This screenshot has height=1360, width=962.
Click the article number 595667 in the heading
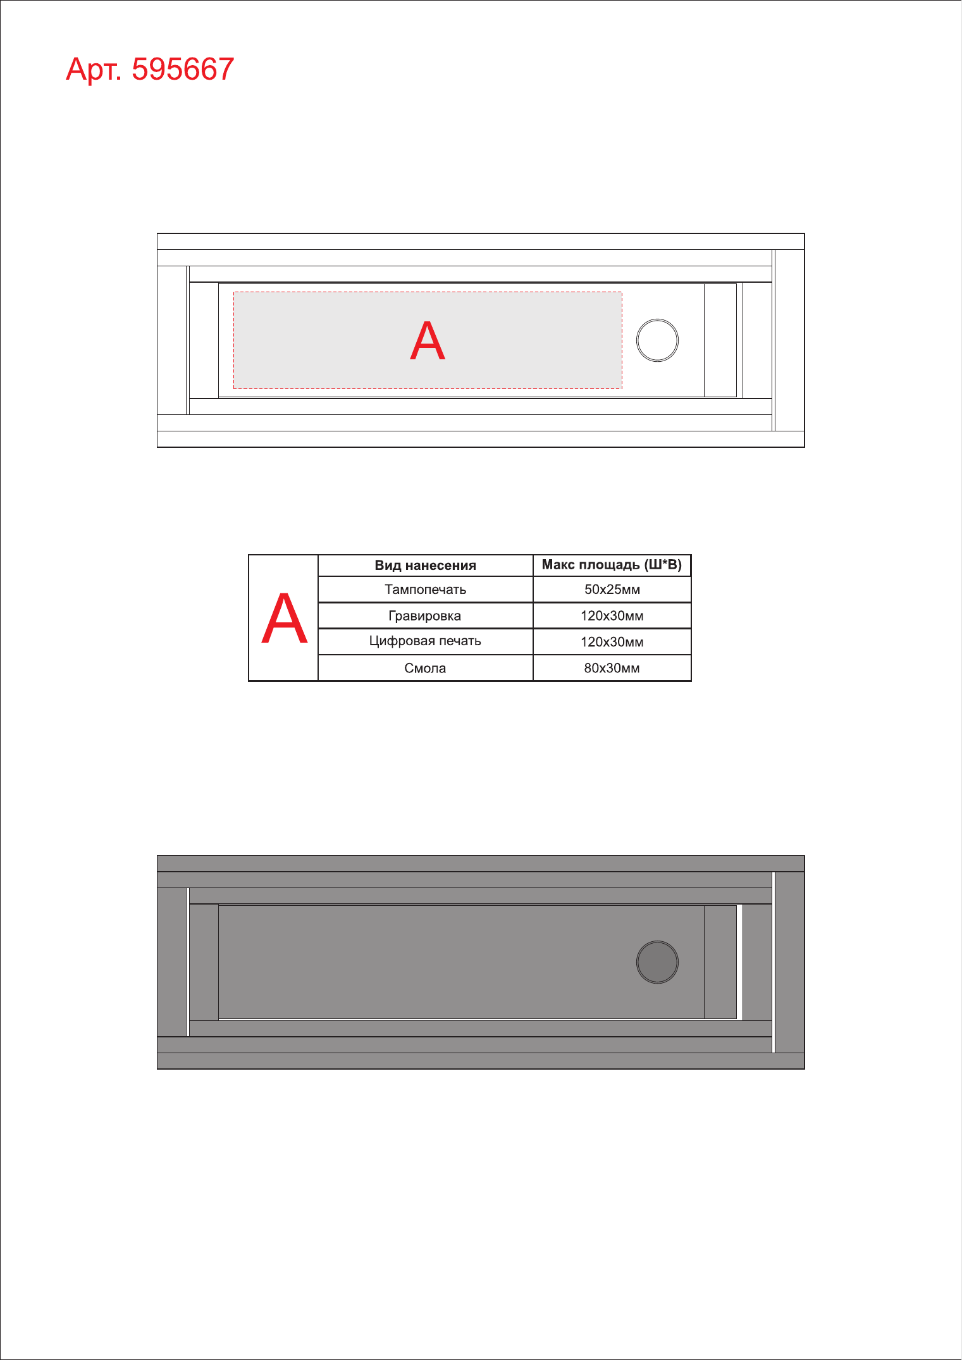(x=183, y=69)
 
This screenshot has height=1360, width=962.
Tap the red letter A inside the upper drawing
(x=428, y=340)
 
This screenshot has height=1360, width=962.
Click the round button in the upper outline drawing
(x=657, y=340)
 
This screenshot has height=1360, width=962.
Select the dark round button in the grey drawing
(x=657, y=962)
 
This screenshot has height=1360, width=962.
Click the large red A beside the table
(x=285, y=618)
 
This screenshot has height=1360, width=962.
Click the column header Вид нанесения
(x=425, y=566)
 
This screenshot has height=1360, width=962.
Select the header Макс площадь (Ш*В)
(x=612, y=565)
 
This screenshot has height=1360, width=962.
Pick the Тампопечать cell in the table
(x=425, y=590)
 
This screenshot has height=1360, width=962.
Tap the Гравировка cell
(x=425, y=616)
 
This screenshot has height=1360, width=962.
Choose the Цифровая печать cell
(x=425, y=641)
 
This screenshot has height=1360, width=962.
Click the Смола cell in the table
(x=425, y=668)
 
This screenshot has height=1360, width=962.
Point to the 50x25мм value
(x=612, y=590)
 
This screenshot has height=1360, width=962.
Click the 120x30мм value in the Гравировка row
(x=612, y=616)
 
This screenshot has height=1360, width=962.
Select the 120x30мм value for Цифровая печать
(x=612, y=642)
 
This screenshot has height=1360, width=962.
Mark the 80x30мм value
(x=612, y=668)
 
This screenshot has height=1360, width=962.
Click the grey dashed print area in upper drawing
(x=428, y=340)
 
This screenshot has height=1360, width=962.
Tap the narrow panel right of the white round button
(x=720, y=340)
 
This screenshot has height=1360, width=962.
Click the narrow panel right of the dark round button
(x=720, y=962)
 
